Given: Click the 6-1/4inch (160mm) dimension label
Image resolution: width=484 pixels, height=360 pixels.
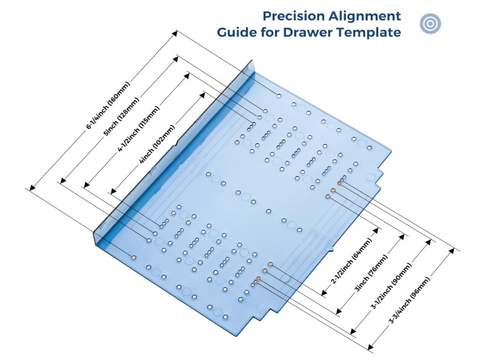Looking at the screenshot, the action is pos(108,105).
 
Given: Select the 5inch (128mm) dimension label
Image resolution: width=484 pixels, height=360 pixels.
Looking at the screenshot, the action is pos(121,117).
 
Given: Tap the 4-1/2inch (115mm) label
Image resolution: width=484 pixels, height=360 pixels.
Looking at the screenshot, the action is pos(139,129).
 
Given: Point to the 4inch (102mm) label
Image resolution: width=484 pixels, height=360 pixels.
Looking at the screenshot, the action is pos(157,144).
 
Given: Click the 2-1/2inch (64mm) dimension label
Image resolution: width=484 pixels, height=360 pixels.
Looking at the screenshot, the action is pos(352,261).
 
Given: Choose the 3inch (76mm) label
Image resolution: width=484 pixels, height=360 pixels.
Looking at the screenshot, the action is pos(371,273).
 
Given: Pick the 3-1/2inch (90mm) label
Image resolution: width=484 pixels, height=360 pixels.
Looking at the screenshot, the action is pos(391,286).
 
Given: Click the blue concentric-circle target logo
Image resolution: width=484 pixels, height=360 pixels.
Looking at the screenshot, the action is pos(430,23).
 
